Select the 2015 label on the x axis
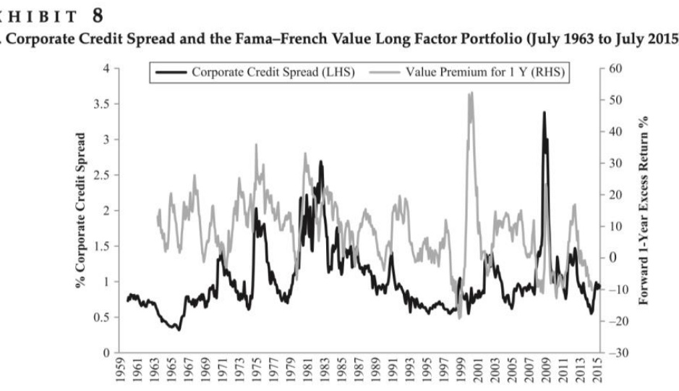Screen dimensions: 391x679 [x=597, y=374]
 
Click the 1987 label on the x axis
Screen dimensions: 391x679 [x=359, y=374]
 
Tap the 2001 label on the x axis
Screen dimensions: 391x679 [x=478, y=374]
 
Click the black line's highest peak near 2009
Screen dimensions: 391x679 [x=544, y=113]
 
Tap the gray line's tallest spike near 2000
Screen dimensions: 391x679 [x=471, y=93]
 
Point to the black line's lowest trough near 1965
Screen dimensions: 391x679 [x=177, y=329]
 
